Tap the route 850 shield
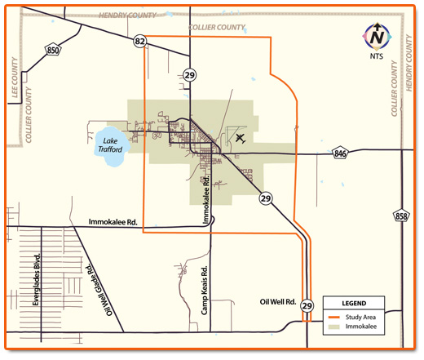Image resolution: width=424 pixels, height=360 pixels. point(53,51)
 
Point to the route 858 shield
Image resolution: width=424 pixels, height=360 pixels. point(400,216)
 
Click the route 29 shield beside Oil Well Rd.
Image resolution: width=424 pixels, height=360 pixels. point(307,305)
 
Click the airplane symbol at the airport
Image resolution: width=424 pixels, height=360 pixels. point(240,138)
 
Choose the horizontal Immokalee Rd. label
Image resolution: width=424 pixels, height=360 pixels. point(119,222)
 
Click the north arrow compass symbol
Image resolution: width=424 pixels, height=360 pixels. point(377,36)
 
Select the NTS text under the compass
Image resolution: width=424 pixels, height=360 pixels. point(377,56)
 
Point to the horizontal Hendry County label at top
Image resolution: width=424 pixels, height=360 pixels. point(130,16)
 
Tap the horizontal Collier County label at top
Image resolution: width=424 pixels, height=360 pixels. point(217,26)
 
